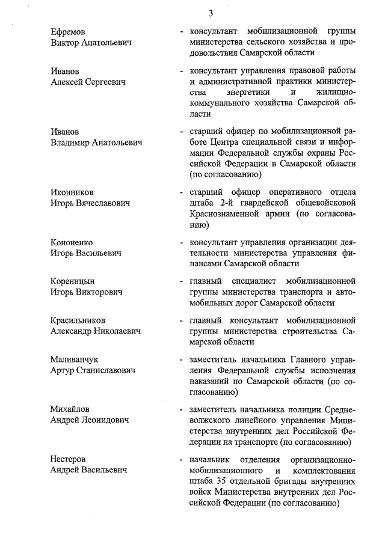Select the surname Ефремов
tap(69, 31)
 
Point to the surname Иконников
tap(72, 192)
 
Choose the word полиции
tap(289, 409)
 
